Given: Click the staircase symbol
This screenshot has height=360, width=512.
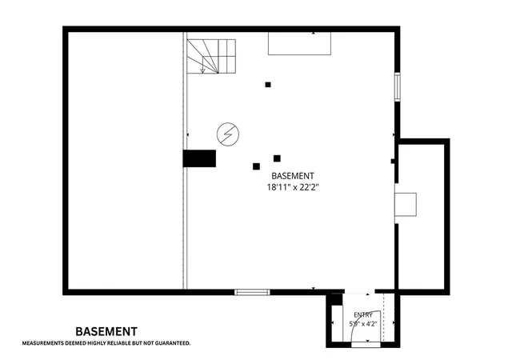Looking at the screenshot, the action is [x=211, y=56].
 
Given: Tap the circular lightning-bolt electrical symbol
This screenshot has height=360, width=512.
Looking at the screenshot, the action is [x=228, y=134].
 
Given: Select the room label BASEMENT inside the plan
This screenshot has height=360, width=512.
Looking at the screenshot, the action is [x=293, y=176].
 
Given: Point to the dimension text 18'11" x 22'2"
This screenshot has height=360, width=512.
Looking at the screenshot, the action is [x=293, y=187].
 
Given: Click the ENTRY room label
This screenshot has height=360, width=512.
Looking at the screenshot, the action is [x=363, y=315].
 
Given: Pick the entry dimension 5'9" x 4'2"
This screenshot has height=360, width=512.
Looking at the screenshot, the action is [x=363, y=324].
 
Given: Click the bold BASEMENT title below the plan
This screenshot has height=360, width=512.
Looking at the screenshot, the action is [x=106, y=331].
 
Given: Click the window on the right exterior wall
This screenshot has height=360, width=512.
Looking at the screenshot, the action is [x=398, y=87].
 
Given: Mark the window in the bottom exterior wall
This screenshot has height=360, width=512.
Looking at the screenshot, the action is [x=252, y=292].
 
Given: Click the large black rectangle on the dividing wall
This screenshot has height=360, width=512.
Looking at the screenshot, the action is [x=199, y=158].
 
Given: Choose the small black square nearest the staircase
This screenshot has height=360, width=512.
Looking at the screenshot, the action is [x=268, y=85].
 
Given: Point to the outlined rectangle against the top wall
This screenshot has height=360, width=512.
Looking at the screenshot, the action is [x=299, y=43].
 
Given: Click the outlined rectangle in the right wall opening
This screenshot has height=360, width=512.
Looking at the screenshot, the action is [x=406, y=205].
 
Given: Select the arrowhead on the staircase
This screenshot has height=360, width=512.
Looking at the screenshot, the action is [x=202, y=70].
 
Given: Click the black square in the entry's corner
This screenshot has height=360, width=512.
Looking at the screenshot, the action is [x=337, y=299].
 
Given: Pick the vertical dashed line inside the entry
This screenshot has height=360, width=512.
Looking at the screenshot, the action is [x=383, y=318].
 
